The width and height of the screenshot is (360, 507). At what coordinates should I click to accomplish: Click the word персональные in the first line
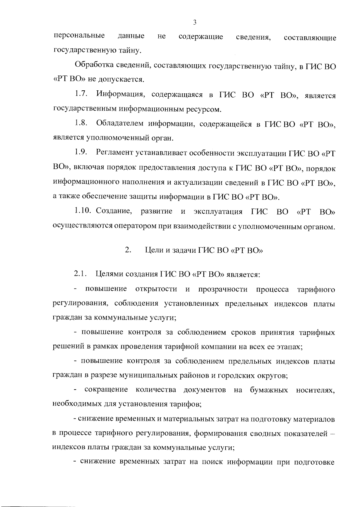click(x=79, y=37)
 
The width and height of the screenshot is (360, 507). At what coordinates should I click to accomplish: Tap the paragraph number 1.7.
click(x=81, y=94)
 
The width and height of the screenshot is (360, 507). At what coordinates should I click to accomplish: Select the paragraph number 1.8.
click(x=81, y=123)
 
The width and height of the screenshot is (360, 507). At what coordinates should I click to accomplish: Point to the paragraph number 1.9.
click(x=81, y=152)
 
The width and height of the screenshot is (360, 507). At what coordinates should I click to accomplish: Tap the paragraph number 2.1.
click(x=81, y=274)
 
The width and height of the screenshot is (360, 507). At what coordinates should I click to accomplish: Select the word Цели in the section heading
click(x=153, y=250)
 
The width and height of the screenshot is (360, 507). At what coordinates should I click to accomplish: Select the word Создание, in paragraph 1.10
click(x=114, y=211)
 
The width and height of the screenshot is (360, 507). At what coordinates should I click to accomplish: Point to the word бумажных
click(x=269, y=390)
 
